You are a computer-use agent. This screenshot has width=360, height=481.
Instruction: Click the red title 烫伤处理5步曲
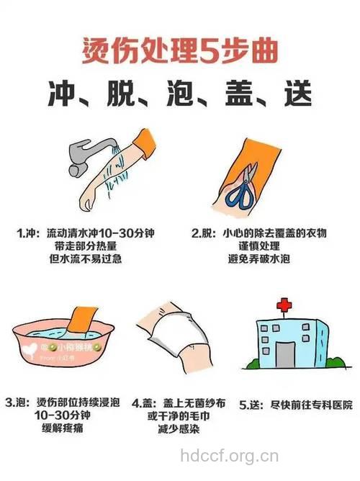tap(179, 53)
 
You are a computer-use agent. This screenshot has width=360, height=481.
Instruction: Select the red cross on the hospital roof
tap(286, 306)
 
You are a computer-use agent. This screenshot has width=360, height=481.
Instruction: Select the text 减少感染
tap(173, 429)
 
